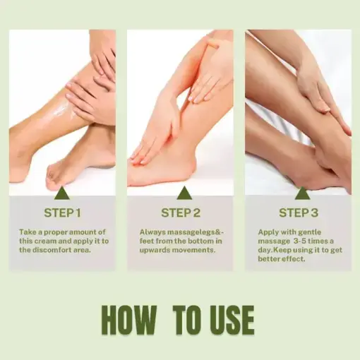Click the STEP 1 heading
tap(62, 212)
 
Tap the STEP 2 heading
tap(180, 212)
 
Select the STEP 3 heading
tap(298, 212)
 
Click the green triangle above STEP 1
tap(62, 192)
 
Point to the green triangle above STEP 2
tap(180, 192)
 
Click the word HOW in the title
tap(129, 320)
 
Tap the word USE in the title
tap(229, 320)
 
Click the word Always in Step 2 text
tap(151, 231)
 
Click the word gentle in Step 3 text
tap(318, 231)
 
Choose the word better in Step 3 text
tap(274, 258)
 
